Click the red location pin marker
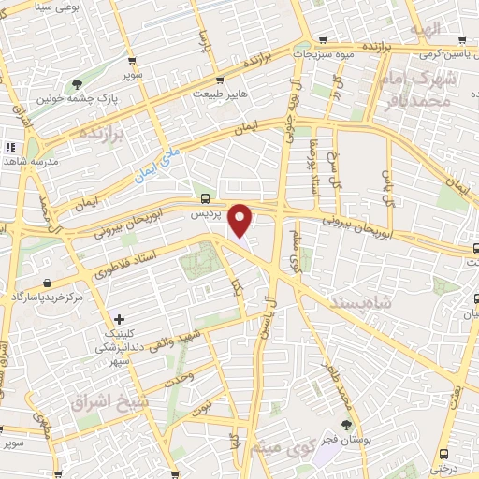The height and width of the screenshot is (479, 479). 240,219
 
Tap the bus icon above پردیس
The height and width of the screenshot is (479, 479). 205,198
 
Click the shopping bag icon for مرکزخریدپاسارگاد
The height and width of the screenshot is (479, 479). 45,283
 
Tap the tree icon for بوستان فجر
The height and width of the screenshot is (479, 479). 345,425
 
